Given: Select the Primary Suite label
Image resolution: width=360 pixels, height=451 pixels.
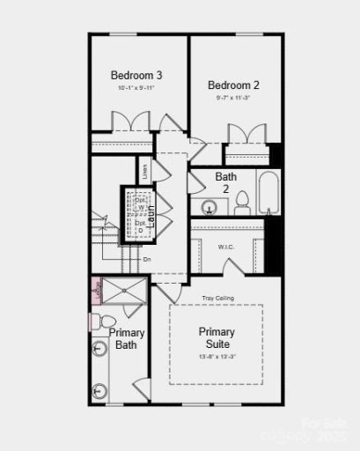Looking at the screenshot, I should pyautogui.click(x=216, y=337).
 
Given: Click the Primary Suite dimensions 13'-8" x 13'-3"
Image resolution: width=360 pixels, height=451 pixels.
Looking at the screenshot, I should pyautogui.click(x=216, y=357).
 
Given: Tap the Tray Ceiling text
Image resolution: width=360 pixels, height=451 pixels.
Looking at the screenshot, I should pyautogui.click(x=216, y=298).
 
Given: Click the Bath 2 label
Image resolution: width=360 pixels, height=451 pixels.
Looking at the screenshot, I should pyautogui.click(x=226, y=182).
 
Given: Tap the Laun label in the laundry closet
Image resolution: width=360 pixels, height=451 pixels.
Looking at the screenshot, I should pyautogui.click(x=152, y=218).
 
